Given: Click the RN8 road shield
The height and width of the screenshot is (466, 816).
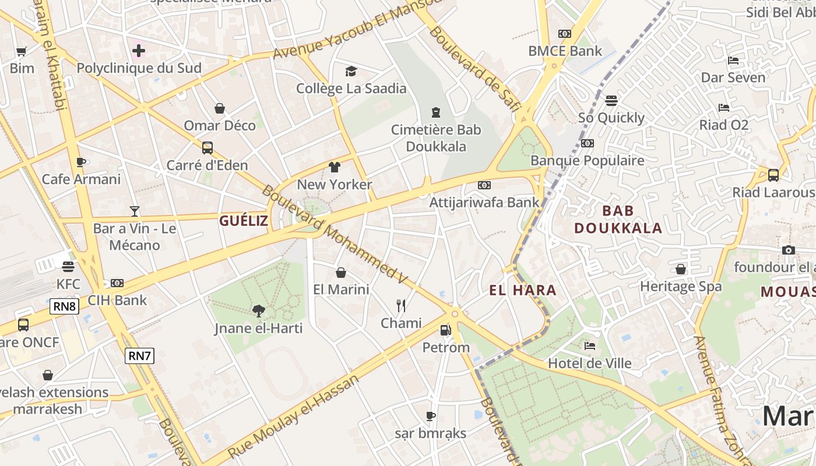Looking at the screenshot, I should tap(64, 306).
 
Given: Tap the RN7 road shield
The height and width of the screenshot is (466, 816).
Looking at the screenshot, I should tap(140, 355).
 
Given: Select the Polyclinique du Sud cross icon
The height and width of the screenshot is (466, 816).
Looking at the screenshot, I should tap(139, 51).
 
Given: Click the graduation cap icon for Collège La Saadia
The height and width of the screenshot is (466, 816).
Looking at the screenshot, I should tap(351, 72).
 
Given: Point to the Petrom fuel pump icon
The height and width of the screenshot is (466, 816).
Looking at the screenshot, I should tap(446, 330).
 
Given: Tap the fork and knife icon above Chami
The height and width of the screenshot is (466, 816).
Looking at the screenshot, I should tap(401, 306).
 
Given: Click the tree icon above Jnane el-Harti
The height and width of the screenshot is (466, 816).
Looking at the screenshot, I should tap(258, 311).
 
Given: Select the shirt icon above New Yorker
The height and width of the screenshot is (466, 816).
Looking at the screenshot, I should tap(334, 168).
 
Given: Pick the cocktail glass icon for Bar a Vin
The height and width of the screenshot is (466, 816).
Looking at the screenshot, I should tap(135, 211).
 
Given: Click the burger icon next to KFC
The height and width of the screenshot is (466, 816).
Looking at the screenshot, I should tap(68, 267).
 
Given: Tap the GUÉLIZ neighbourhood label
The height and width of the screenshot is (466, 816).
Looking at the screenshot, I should tap(244, 221).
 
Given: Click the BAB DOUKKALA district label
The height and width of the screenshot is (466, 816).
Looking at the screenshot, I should tap(618, 219).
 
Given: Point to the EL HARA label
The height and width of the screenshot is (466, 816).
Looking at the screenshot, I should tap(523, 290).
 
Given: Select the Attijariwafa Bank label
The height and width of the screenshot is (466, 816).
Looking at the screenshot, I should tap(484, 203).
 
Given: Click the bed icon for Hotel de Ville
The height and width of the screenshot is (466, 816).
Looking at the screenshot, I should tap(590, 346).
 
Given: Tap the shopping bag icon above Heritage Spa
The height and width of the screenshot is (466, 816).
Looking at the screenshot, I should tap(680, 269).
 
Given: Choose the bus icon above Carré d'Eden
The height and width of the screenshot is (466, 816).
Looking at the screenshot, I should tap(207, 148).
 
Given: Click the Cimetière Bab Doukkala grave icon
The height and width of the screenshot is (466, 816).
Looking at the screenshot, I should tap(435, 112).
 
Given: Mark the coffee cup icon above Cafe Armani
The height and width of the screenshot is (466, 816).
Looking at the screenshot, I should tap(81, 162).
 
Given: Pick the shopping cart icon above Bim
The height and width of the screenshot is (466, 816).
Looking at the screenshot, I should tap(22, 51).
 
